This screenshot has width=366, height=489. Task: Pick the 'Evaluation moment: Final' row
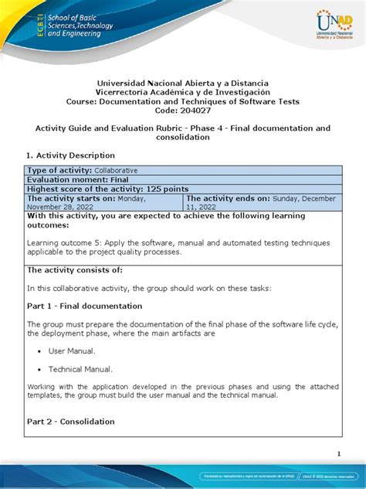pyautogui.click(x=78, y=180)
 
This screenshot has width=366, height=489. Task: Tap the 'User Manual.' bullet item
pyautogui.click(x=75, y=351)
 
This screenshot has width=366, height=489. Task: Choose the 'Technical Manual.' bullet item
pyautogui.click(x=81, y=370)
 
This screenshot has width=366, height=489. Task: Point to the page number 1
pyautogui.click(x=340, y=453)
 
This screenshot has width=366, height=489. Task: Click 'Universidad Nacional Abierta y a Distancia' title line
pyautogui.click(x=183, y=83)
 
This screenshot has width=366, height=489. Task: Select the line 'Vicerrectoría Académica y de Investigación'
pyautogui.click(x=183, y=92)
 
